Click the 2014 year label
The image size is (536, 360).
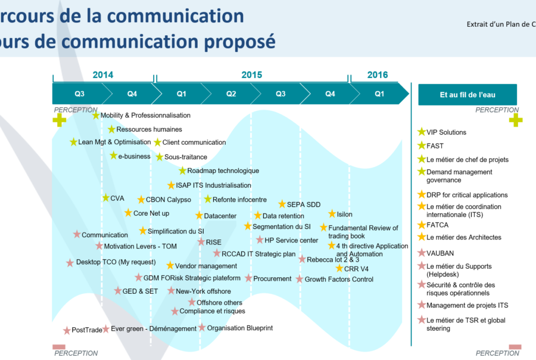point(102,75)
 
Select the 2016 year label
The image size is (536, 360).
point(377,75)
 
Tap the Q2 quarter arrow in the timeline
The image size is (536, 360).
point(230,94)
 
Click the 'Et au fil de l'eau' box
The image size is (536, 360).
point(468,94)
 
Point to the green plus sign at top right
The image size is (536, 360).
point(515,120)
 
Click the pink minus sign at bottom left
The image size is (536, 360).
point(59,347)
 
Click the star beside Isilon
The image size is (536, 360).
point(332,214)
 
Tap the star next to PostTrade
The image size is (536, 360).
point(67,330)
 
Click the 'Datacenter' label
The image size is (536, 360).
point(220,216)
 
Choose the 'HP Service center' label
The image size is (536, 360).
point(291,240)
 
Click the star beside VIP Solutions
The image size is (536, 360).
point(422,132)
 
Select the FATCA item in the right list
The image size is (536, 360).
point(437,225)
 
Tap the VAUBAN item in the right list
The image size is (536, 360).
point(440,253)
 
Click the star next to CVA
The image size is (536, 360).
point(105,198)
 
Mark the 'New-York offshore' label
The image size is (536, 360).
point(203,291)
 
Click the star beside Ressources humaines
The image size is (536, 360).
point(111,129)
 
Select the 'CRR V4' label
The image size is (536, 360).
point(356,269)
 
